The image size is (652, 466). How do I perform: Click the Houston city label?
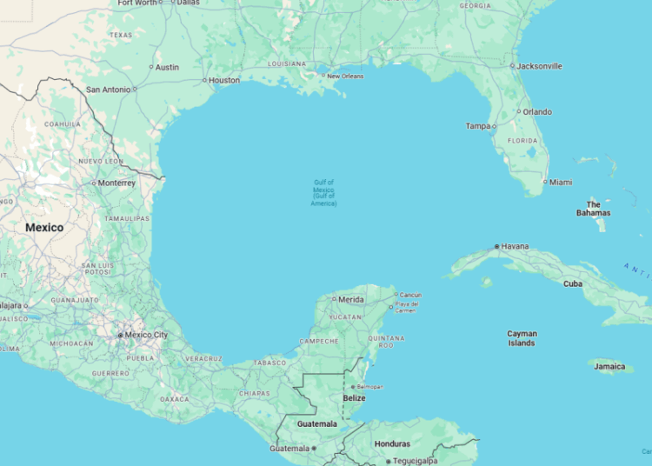(224, 81)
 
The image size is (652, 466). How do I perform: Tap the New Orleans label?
(345, 76)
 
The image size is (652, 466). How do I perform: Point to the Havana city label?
(515, 246)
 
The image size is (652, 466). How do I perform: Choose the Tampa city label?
(478, 126)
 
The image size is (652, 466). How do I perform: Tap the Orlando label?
(537, 111)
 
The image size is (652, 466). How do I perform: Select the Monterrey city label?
(116, 183)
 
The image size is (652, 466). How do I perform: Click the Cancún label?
(410, 295)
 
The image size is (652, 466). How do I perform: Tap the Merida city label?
(351, 299)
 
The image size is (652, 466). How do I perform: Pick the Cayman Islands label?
(522, 338)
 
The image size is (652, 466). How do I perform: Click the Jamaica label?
(609, 366)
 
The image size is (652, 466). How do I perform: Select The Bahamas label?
(593, 209)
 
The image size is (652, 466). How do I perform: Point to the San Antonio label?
(108, 89)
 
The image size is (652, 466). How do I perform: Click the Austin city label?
(167, 67)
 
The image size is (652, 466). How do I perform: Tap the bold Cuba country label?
(573, 283)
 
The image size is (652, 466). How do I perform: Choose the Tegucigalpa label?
(415, 461)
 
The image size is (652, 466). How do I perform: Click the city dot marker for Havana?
(497, 246)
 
